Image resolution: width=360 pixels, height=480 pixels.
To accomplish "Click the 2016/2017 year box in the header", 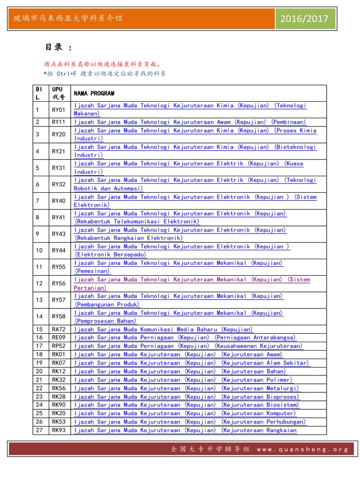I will coord(305,19).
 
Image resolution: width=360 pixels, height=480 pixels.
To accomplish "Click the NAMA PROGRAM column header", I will coord(94,93).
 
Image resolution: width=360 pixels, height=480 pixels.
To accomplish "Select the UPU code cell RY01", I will coord(59,110).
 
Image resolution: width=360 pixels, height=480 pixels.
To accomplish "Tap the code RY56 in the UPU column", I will coord(59,284).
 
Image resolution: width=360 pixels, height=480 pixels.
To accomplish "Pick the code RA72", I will coord(59,330).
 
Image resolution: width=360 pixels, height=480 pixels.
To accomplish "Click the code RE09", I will coord(59,338).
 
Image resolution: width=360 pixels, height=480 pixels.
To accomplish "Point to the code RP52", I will coord(59,346).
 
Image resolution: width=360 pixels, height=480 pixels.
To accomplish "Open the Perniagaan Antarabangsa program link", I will coord(185,338).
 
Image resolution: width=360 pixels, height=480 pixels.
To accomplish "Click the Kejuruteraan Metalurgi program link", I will coord(187,388).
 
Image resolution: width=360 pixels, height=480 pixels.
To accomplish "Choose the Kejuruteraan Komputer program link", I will coord(185,413).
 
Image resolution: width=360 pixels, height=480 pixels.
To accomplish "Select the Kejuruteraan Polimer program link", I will coord(183,380).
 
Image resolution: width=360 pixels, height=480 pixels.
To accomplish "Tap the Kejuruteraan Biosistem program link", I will coord(187,405).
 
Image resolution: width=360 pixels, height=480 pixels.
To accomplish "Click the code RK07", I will coord(59,363).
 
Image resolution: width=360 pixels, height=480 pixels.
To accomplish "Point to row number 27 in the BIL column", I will coord(39,430).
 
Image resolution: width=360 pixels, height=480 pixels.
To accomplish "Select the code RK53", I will coord(59,422).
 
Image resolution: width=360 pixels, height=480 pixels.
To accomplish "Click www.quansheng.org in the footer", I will coord(302,449).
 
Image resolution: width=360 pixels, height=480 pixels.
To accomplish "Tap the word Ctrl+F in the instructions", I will coord(67,74).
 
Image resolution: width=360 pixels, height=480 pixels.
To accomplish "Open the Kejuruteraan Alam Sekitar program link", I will coord(192,363).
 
